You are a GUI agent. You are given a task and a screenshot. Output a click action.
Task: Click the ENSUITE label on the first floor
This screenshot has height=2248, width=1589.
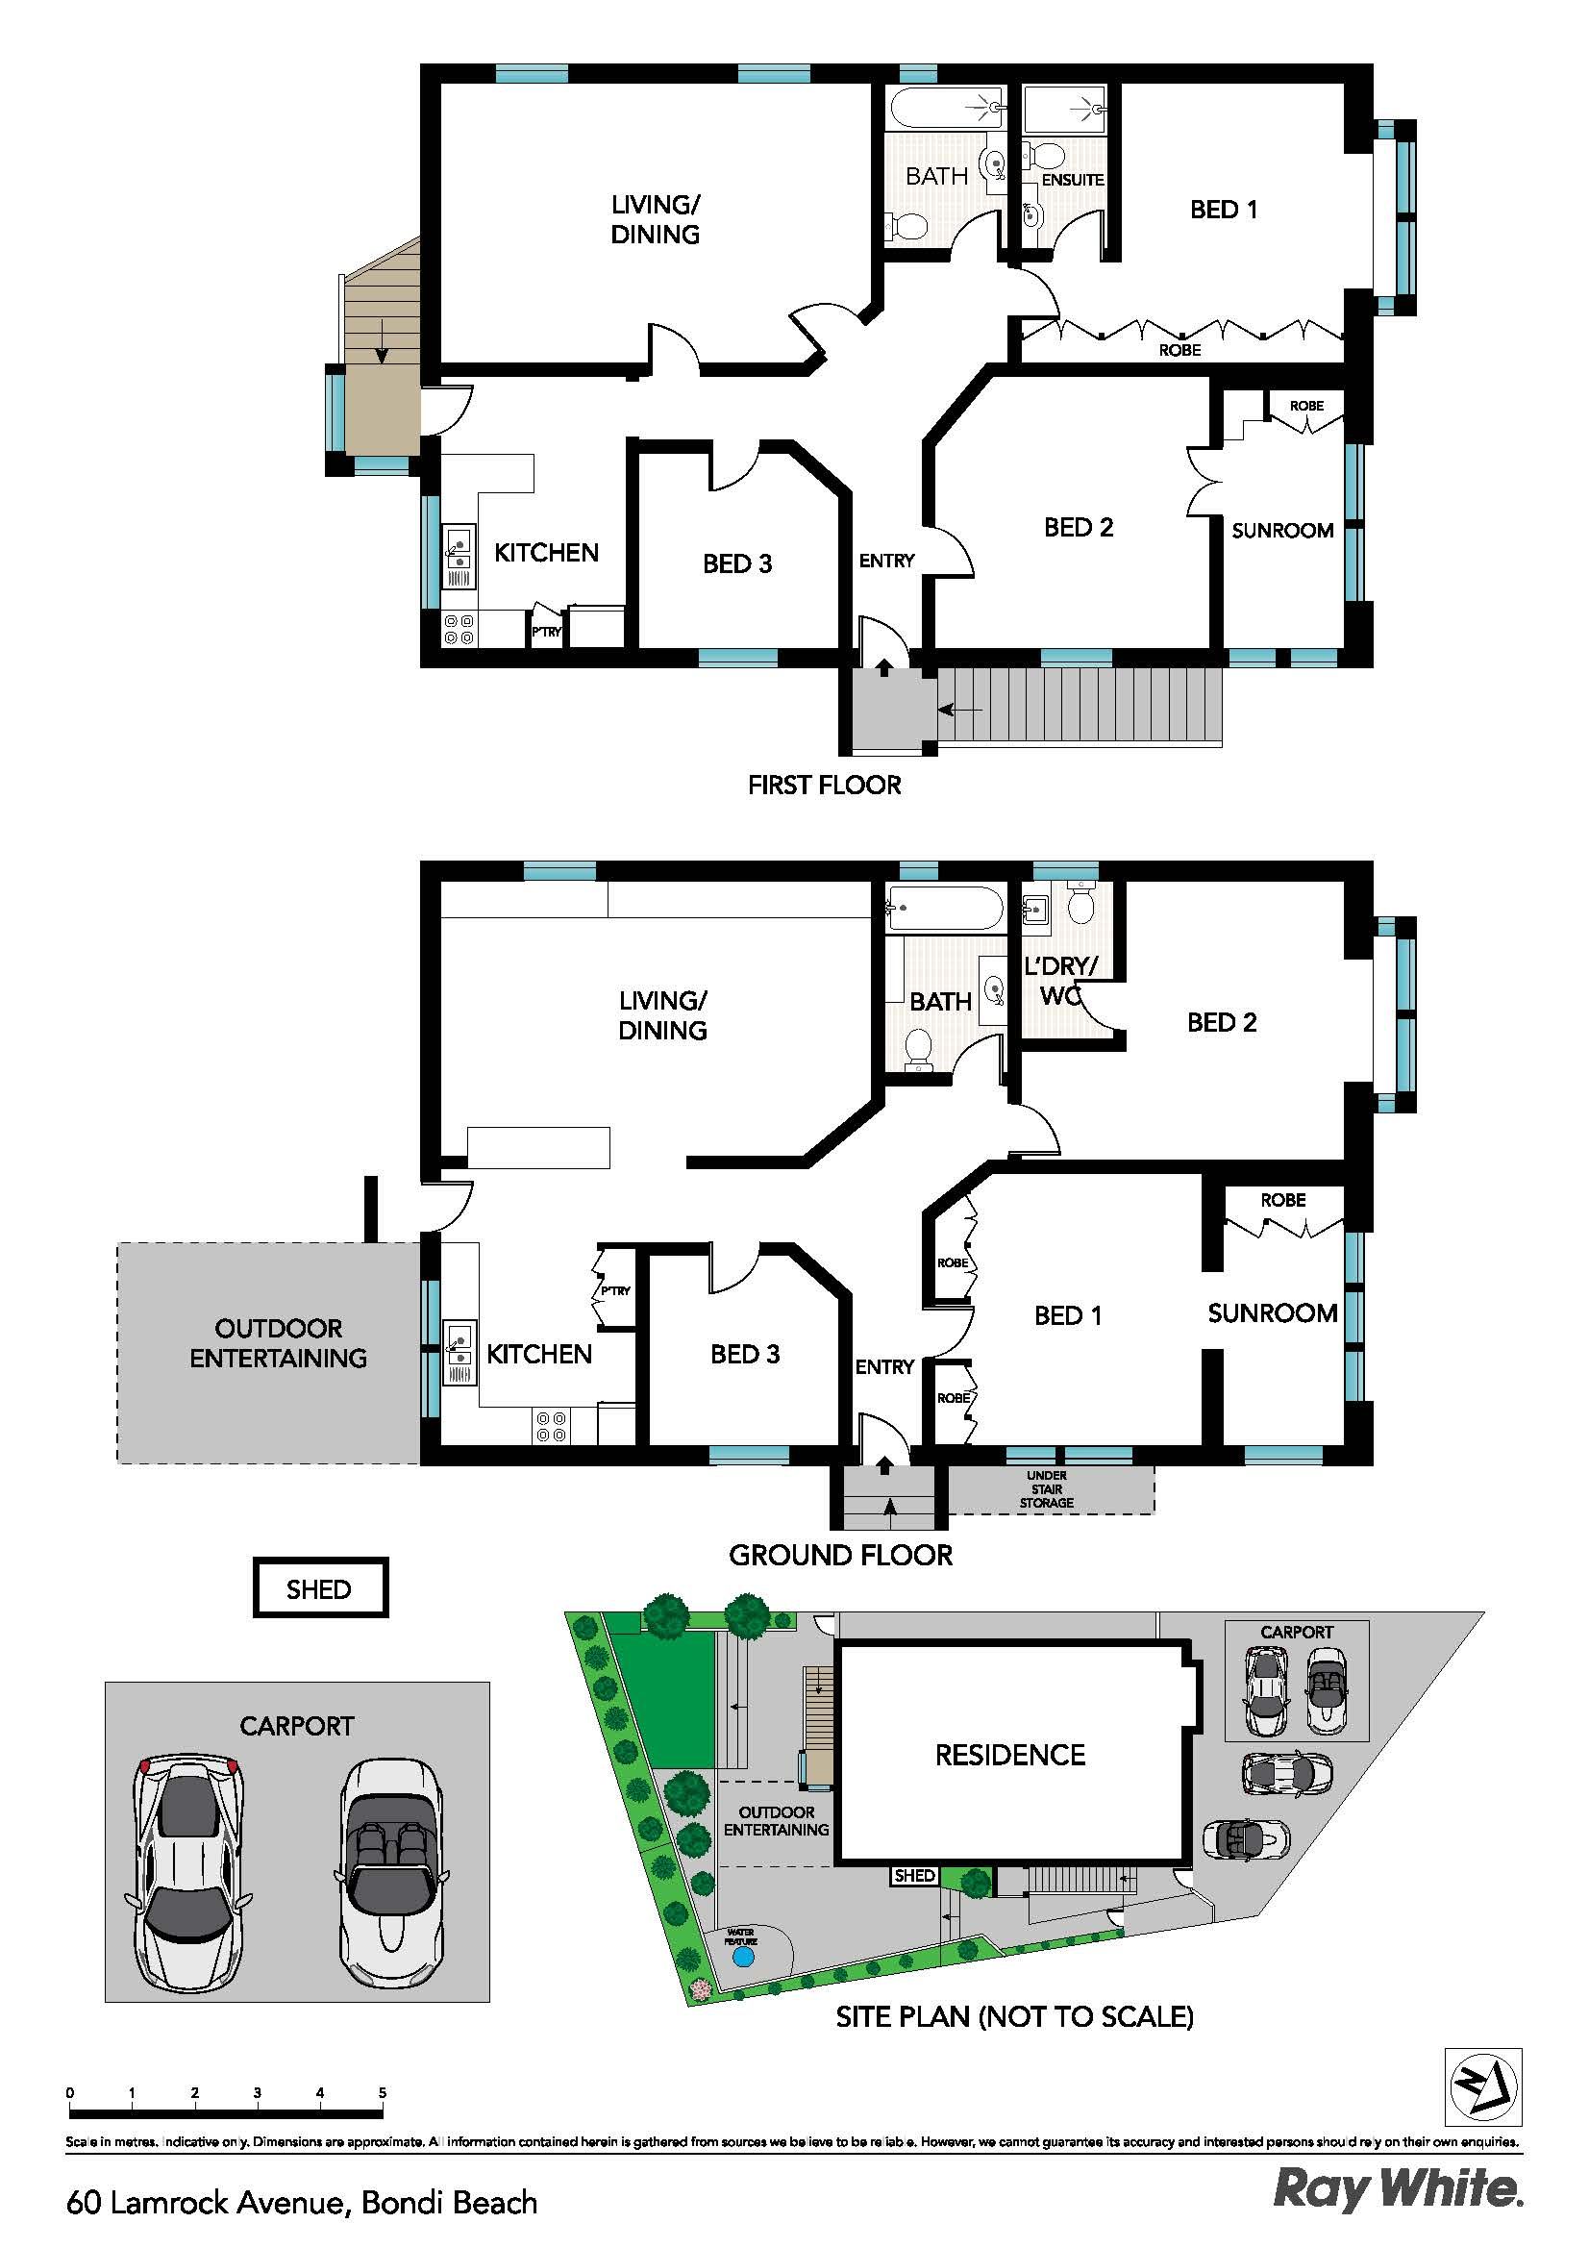click(x=1073, y=180)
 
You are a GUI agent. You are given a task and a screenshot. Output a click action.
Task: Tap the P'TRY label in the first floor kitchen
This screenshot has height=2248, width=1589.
click(x=546, y=632)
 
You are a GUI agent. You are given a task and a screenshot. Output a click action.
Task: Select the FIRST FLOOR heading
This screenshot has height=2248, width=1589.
click(x=825, y=786)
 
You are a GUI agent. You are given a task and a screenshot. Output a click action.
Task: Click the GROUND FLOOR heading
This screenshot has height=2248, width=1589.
click(x=840, y=1555)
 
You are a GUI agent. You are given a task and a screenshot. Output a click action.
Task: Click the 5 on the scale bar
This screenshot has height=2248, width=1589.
click(x=382, y=2092)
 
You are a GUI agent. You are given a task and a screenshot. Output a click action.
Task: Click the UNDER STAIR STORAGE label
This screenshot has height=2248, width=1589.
click(x=1047, y=1489)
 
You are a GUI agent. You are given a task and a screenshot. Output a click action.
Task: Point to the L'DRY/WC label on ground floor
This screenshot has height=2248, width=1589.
click(x=1061, y=981)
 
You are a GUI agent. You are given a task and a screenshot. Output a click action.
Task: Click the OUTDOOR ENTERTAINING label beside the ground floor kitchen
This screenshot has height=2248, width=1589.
click(x=278, y=1343)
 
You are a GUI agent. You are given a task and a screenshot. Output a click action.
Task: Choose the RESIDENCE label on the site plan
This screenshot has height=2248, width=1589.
click(x=1010, y=1755)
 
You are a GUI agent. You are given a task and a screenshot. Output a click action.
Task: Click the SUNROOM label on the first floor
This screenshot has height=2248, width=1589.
click(x=1282, y=531)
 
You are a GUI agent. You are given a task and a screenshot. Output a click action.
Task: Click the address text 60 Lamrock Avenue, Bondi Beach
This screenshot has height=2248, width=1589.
click(x=303, y=2202)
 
